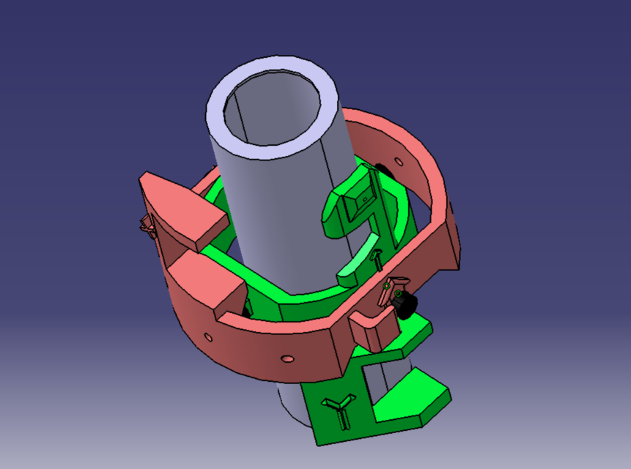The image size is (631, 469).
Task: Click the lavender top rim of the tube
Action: pyautogui.click(x=220, y=103)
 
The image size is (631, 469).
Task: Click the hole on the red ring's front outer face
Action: pyautogui.click(x=287, y=358)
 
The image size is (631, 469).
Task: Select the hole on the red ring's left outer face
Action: pyautogui.click(x=208, y=337)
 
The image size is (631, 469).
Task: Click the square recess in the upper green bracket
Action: pyautogui.click(x=361, y=199)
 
